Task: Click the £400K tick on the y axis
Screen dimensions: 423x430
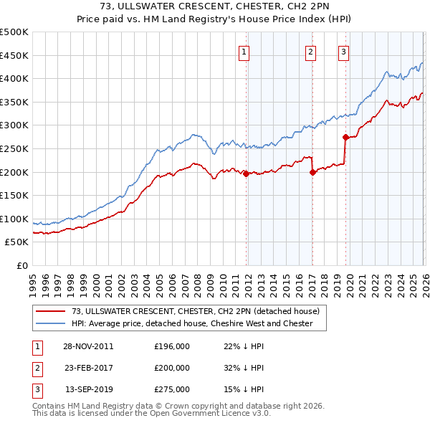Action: (x=14, y=78)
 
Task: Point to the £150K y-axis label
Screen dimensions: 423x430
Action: (x=14, y=195)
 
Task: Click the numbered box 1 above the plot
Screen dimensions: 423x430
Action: (x=244, y=51)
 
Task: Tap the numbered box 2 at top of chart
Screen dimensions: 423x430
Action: (x=310, y=51)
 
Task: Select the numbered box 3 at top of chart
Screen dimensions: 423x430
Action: (x=343, y=51)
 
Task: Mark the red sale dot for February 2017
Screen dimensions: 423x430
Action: (x=312, y=172)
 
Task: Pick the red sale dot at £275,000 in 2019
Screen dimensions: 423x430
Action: (x=345, y=137)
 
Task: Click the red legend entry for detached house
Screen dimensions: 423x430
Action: (x=189, y=310)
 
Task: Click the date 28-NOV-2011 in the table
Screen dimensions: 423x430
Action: (x=89, y=346)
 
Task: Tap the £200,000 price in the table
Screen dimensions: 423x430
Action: (x=171, y=368)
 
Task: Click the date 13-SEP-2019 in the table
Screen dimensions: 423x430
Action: (x=89, y=389)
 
